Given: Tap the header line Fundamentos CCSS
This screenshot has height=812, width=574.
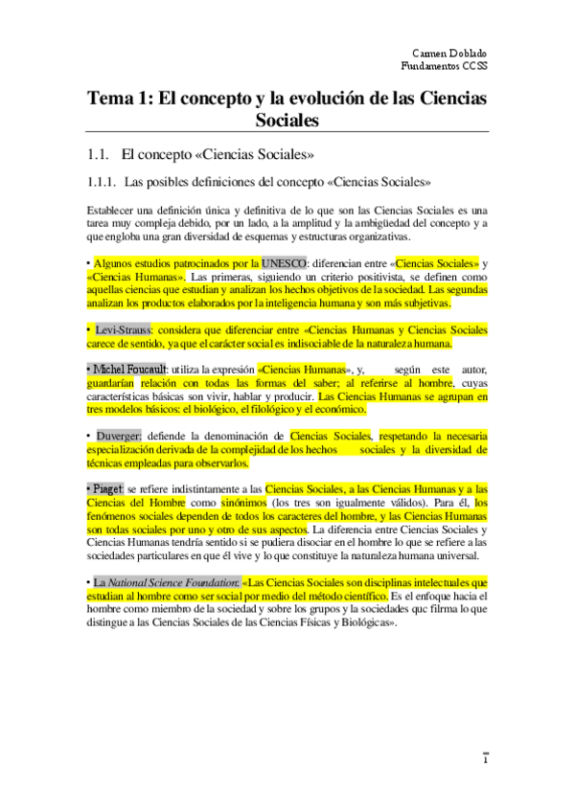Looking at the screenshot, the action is click(444, 66).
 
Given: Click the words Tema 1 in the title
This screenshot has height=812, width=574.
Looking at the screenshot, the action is click(117, 99).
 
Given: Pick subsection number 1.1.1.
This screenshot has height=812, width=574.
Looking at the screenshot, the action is click(101, 181).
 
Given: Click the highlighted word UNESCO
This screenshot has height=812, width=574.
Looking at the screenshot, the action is click(285, 262).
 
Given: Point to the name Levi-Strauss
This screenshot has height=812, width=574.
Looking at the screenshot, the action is click(122, 330).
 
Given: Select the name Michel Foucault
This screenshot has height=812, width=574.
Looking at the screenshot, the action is click(129, 370).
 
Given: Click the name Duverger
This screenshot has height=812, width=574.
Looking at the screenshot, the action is click(123, 436).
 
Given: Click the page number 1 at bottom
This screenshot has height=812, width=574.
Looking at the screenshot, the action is click(485, 761).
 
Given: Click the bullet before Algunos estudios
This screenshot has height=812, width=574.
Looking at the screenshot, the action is click(88, 262).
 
